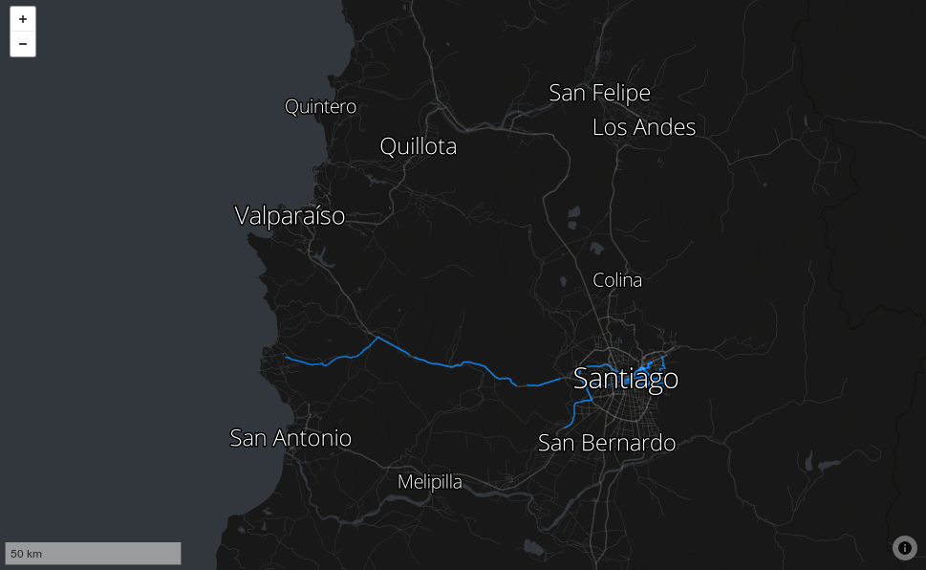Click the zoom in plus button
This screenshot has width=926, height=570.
pos(23,19)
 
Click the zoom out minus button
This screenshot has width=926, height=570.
pos(23,44)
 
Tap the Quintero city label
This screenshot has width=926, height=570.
pos(320,106)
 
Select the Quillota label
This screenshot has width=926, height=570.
pos(418,146)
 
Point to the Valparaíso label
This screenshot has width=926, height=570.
pos(290,216)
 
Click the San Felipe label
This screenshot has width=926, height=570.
pos(599,93)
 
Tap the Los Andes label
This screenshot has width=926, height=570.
pos(644,126)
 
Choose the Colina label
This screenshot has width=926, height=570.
pos(617,280)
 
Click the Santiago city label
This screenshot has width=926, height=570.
pos(626,379)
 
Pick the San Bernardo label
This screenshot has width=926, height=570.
pos(607,443)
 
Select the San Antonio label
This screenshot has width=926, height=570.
pos(291,438)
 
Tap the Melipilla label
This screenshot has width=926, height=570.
pos(429,482)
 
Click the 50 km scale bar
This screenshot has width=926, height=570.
pos(93,554)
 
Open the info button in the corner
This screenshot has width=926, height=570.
pos(904,548)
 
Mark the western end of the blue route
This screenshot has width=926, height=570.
pos(286,358)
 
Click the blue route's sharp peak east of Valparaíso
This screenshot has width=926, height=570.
pos(377,338)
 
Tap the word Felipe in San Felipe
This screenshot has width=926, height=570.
pos(621,93)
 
